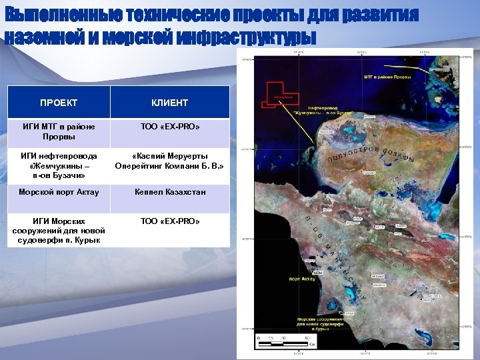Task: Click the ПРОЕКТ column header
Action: coord(59,103)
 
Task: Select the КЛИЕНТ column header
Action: coord(170,103)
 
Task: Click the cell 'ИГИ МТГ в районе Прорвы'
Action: coord(59,131)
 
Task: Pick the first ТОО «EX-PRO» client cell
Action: coord(170,126)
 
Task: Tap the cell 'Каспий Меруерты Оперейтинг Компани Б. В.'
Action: coord(170,161)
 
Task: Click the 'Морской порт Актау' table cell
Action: coord(59,192)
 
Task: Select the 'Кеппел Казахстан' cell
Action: coord(170,192)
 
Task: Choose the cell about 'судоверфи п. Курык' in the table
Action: coord(59,230)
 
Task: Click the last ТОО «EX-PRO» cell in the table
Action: coord(170,221)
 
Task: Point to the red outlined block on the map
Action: coord(280,93)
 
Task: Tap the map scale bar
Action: coord(284,343)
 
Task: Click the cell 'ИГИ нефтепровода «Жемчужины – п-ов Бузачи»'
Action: coord(59,165)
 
